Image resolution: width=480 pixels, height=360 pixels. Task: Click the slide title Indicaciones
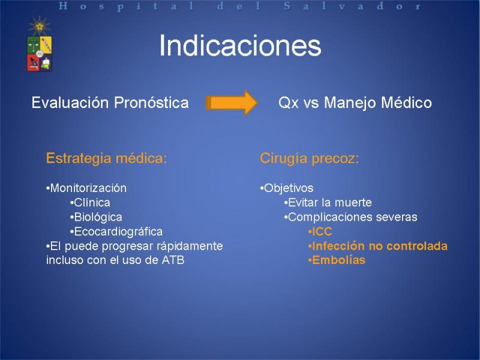click(240, 46)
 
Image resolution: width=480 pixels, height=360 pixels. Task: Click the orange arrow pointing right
click(232, 103)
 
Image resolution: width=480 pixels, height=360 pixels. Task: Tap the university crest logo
click(40, 44)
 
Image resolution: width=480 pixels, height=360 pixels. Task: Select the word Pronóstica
click(151, 103)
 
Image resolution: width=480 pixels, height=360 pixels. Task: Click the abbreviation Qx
click(289, 103)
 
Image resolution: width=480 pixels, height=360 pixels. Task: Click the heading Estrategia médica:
click(107, 158)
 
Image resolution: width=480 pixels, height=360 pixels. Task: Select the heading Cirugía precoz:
click(309, 158)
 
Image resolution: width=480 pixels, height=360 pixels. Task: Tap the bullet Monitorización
click(86, 188)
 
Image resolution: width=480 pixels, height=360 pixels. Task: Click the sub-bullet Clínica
click(90, 203)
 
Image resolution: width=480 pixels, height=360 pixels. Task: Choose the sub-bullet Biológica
click(96, 217)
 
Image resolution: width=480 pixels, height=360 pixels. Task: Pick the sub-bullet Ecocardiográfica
click(116, 232)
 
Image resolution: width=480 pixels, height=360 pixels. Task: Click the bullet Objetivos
click(287, 188)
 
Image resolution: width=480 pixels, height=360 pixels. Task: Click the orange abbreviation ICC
click(320, 232)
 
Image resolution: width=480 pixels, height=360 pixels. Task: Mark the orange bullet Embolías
click(337, 260)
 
